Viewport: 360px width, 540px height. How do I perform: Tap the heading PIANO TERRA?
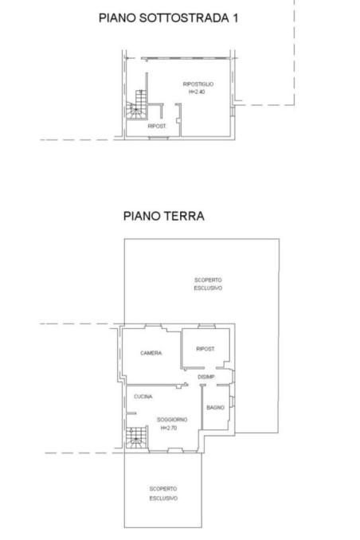164,215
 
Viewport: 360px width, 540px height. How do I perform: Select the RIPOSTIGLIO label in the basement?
197,84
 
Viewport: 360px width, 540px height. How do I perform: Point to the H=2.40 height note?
197,92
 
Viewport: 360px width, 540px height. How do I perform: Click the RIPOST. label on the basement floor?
156,127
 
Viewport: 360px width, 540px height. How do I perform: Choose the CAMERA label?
151,353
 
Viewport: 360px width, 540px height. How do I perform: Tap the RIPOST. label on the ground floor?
206,348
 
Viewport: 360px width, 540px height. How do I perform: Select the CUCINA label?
143,397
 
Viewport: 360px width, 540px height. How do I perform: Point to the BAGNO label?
215,408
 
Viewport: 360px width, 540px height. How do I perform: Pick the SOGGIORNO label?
171,419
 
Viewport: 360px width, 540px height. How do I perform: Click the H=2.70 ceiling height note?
170,428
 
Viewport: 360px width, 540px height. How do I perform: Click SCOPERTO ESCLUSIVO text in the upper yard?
207,284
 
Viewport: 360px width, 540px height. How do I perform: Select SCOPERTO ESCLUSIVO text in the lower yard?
162,493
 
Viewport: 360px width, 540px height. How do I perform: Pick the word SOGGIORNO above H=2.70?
171,419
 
